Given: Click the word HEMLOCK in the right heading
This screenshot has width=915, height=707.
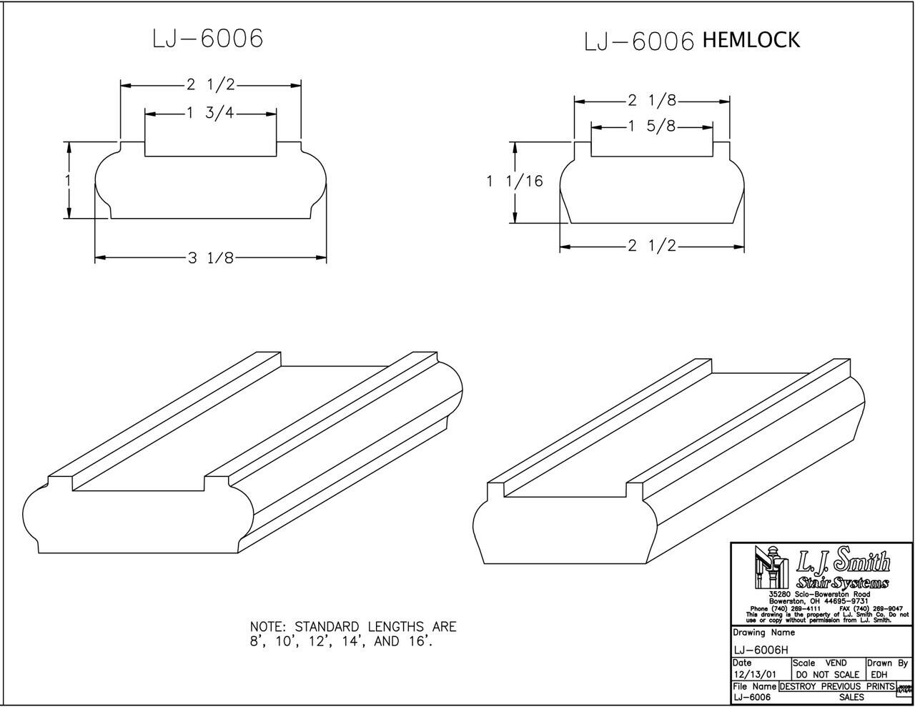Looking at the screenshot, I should pyautogui.click(x=751, y=40).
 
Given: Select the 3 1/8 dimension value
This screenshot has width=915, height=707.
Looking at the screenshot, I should pyautogui.click(x=211, y=258).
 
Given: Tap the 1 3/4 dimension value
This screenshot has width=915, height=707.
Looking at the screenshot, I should pyautogui.click(x=211, y=113).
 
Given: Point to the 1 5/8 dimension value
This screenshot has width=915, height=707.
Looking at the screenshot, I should pyautogui.click(x=652, y=127).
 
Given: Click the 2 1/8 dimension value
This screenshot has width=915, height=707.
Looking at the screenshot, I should pyautogui.click(x=652, y=100).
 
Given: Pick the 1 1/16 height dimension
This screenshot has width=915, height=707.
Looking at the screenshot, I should pyautogui.click(x=515, y=182).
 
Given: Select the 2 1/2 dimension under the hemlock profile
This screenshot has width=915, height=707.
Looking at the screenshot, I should pyautogui.click(x=652, y=246).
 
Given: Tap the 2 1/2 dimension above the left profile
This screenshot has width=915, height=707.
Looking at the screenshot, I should pyautogui.click(x=211, y=85).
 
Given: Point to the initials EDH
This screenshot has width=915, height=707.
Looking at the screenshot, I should pyautogui.click(x=879, y=674).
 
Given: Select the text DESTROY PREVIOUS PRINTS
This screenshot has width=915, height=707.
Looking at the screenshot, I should pyautogui.click(x=836, y=686).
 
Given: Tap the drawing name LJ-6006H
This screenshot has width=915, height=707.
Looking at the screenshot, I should pyautogui.click(x=761, y=650).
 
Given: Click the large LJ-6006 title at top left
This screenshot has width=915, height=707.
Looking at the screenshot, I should pyautogui.click(x=207, y=39).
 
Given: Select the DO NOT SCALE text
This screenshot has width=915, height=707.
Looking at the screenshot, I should pyautogui.click(x=827, y=674).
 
